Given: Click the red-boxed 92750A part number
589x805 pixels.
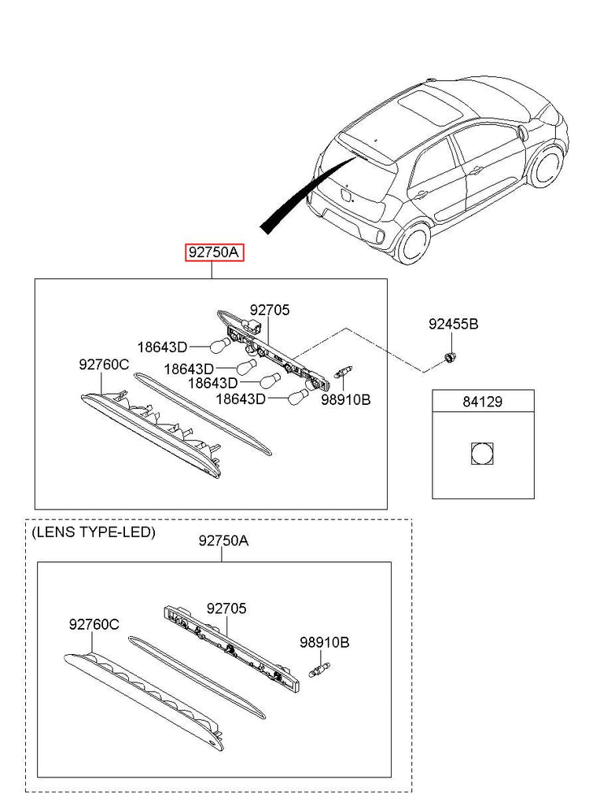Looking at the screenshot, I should (x=215, y=252).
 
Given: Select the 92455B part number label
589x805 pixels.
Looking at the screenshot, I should (x=452, y=324).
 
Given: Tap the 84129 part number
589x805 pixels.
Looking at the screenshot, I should (x=482, y=402).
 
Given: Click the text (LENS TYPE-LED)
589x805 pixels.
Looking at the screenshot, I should (x=94, y=532).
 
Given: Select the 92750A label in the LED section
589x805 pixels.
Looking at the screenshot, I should (x=223, y=541).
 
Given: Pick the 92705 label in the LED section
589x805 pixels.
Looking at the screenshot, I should (x=226, y=608).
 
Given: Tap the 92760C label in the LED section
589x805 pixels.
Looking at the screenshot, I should (x=94, y=624).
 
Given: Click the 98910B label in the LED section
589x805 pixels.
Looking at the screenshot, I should (x=324, y=642).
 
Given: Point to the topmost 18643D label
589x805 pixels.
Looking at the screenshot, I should (x=162, y=347).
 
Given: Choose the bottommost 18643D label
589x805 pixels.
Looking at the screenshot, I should (x=241, y=399).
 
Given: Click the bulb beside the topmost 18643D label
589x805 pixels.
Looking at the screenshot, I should (x=218, y=344).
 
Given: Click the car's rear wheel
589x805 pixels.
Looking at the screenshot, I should (x=413, y=241).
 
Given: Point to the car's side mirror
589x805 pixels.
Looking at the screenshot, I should (x=522, y=132).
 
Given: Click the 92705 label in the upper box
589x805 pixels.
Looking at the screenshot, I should (x=270, y=311).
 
